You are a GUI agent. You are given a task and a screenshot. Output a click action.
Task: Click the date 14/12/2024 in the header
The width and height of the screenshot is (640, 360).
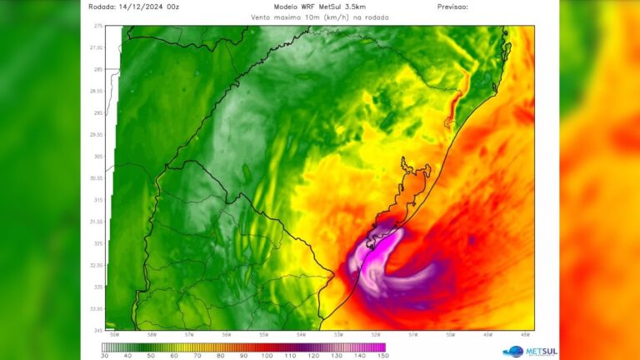pos(137,7)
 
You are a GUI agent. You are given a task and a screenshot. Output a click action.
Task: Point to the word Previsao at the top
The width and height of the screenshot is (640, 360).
pos(452,7)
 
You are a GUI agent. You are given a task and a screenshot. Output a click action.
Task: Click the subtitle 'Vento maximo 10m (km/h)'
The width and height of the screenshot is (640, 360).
pos(296,17)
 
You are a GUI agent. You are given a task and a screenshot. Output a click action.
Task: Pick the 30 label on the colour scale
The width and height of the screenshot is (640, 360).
pos(104,355)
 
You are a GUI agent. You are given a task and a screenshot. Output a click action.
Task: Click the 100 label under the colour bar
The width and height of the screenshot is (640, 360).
pos(267,355)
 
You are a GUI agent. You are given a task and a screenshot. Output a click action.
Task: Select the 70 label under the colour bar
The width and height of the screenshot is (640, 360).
pos(197,355)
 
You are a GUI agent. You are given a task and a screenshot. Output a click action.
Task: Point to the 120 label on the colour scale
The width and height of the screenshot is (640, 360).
pos(313,355)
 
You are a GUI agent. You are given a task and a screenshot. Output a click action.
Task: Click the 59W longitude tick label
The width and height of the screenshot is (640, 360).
pos(115,335)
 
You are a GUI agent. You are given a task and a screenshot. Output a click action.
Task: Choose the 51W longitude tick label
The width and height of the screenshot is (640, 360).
pos(413,335)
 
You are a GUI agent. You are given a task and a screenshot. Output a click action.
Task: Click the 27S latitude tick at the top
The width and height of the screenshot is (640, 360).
pos(98,27)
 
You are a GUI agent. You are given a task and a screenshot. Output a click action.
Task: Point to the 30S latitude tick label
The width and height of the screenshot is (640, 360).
pos(98,157)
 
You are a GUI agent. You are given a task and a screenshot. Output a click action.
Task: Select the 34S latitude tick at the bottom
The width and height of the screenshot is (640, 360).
pos(98,329)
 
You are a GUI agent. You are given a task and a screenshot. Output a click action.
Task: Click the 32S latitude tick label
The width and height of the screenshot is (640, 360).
pos(98,243)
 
